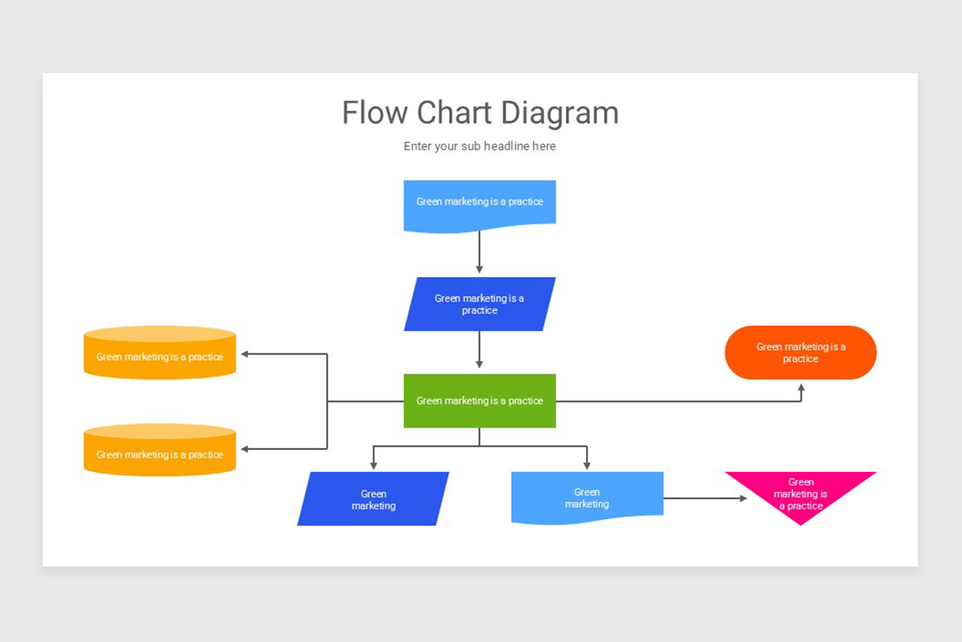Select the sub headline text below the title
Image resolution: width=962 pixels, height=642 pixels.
point(479,146)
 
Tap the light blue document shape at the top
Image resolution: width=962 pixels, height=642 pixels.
point(479,205)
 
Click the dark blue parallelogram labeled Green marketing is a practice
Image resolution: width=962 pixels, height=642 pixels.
point(479,304)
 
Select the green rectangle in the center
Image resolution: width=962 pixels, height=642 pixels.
point(479,400)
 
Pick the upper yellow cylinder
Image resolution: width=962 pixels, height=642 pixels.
point(160,353)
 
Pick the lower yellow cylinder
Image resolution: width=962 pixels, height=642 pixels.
point(160,451)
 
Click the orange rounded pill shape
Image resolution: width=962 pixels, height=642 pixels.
point(800,352)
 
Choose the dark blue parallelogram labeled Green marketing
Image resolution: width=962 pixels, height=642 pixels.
point(373,499)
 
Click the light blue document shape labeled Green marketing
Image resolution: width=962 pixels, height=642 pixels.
point(587,498)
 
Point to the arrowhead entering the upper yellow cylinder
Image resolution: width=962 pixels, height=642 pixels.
point(246,354)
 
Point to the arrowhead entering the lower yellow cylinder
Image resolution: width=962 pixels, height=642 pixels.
point(246,449)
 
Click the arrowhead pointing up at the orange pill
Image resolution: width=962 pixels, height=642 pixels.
point(801,388)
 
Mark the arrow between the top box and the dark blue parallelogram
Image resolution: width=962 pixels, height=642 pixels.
point(479,252)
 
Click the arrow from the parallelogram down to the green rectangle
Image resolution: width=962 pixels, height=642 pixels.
point(479,350)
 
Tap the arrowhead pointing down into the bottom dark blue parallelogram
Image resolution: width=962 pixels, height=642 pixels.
point(373,465)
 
